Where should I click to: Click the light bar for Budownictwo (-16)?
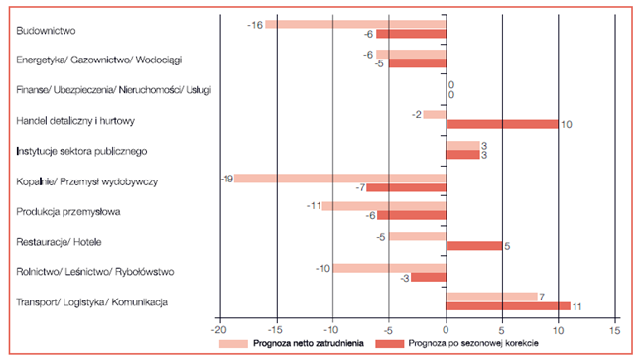point(355,24)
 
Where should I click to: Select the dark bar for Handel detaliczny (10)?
point(503,124)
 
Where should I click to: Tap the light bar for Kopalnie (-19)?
point(340,179)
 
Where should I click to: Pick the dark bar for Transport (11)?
point(508,306)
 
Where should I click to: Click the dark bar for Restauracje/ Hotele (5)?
point(474,246)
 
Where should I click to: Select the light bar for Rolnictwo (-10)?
point(389,268)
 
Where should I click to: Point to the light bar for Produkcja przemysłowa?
point(384,206)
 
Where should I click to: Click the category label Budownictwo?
point(47,31)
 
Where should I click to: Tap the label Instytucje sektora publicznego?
point(82,152)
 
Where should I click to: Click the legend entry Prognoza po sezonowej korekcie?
point(523,344)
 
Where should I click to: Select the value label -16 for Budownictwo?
point(255,24)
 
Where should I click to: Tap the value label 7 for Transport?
point(542,296)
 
